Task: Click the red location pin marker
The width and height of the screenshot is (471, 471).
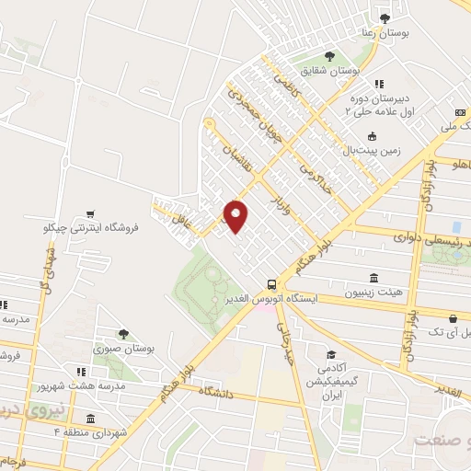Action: [236, 215]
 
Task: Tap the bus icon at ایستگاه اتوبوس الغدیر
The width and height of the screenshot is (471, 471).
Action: [270, 284]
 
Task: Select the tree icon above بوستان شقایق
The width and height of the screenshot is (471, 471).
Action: [329, 56]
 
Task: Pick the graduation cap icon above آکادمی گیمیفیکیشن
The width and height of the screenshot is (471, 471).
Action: [329, 354]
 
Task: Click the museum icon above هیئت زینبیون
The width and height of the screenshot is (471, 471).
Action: [373, 278]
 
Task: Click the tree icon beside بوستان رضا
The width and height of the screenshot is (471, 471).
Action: [385, 17]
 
